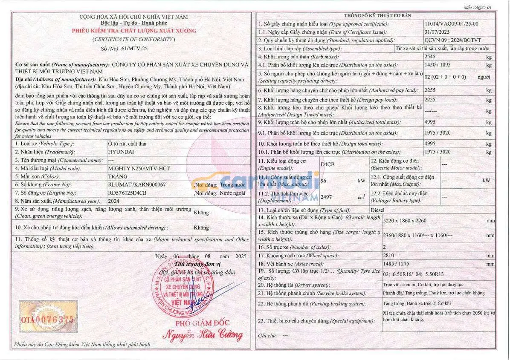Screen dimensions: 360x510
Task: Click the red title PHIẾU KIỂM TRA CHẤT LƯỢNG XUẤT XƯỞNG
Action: pos(134,31)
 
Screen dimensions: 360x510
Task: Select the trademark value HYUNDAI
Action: pos(121,152)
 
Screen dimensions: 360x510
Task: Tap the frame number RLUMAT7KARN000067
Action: pos(137,184)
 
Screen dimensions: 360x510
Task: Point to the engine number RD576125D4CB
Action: pos(127,193)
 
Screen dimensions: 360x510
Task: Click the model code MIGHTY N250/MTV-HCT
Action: pos(139,168)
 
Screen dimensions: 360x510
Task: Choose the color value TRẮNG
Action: pos(118,176)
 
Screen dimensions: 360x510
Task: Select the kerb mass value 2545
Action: pos(431,57)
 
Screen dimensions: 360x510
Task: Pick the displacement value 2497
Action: pos(326,197)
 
